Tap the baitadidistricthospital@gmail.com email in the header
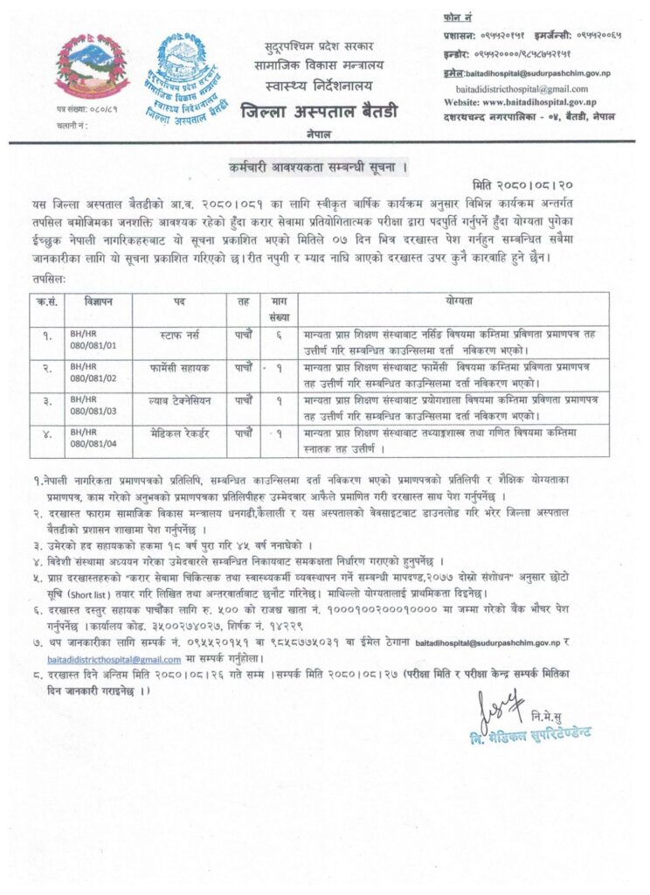pos(522,88)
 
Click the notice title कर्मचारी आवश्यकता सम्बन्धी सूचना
pos(325,166)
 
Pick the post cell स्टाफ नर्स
pos(179,334)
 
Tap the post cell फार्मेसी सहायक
pos(179,367)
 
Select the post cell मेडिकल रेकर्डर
pos(179,433)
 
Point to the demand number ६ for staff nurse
pos(279,334)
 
